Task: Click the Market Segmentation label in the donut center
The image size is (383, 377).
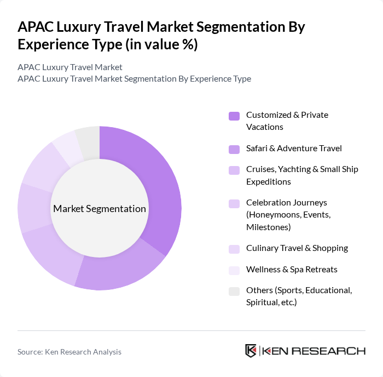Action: (x=100, y=209)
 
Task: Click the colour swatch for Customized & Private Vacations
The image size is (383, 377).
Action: (x=234, y=116)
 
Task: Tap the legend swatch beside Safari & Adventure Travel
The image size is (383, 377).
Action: (x=234, y=148)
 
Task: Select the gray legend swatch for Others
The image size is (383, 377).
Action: (x=234, y=291)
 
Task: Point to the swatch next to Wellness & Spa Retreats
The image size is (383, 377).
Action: (x=234, y=270)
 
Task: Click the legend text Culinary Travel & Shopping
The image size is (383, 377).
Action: (x=297, y=248)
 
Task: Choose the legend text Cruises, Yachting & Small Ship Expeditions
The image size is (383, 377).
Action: (x=302, y=175)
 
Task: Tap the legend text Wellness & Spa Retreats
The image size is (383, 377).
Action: (x=292, y=270)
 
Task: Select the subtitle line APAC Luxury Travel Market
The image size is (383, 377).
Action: (x=70, y=67)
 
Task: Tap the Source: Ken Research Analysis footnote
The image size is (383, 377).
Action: (x=69, y=352)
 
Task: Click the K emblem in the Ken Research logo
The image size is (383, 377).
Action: (x=251, y=351)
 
